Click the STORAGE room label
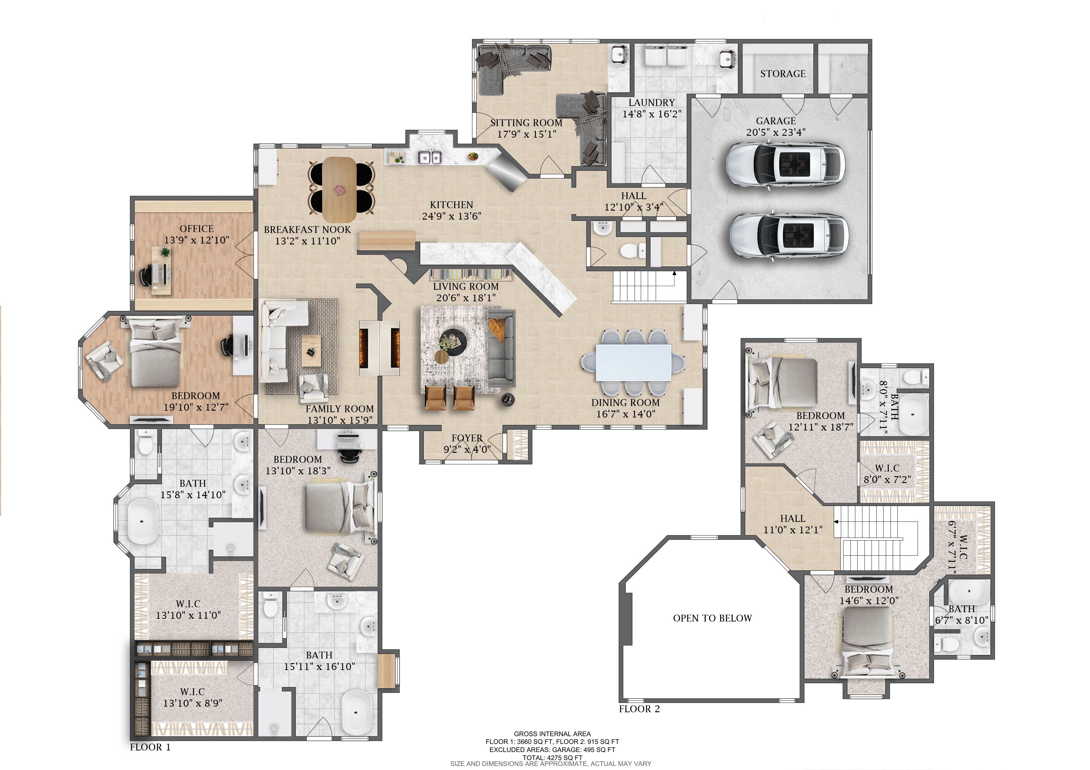[x=782, y=74]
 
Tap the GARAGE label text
[x=776, y=121]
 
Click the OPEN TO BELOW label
[x=712, y=618]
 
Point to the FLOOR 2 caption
[x=639, y=709]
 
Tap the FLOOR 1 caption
[x=150, y=747]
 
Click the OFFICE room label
[x=197, y=229]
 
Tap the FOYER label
[x=467, y=438]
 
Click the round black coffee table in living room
[x=452, y=340]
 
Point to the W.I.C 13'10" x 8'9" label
[x=192, y=697]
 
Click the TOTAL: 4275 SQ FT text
[x=552, y=758]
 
